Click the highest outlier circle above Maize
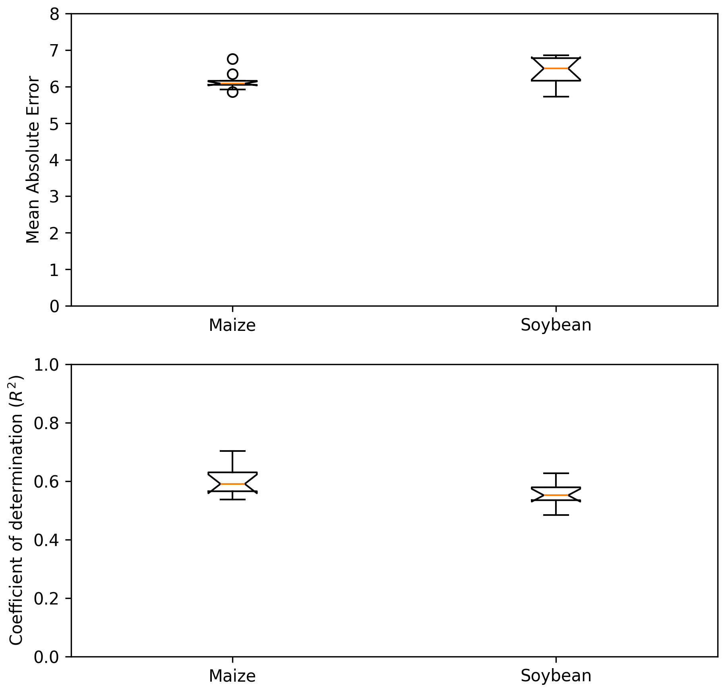coord(232,59)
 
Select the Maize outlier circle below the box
coord(232,92)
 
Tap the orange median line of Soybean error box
coord(556,68)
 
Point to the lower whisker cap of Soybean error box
coord(556,97)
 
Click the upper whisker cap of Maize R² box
coord(232,451)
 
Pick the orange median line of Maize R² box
coord(232,484)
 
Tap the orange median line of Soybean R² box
coord(556,495)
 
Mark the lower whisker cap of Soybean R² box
coord(556,515)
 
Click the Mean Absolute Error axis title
coord(33,159)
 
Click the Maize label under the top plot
coord(232,325)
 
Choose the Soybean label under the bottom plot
coord(556,676)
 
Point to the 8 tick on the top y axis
coord(54,14)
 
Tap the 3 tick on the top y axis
coord(54,196)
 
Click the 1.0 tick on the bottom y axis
coord(46,364)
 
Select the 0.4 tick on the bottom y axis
coord(46,540)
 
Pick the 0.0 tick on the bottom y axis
coord(46,657)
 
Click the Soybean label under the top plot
coord(556,325)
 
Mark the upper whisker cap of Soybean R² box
coord(556,473)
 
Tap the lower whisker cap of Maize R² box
coord(232,499)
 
